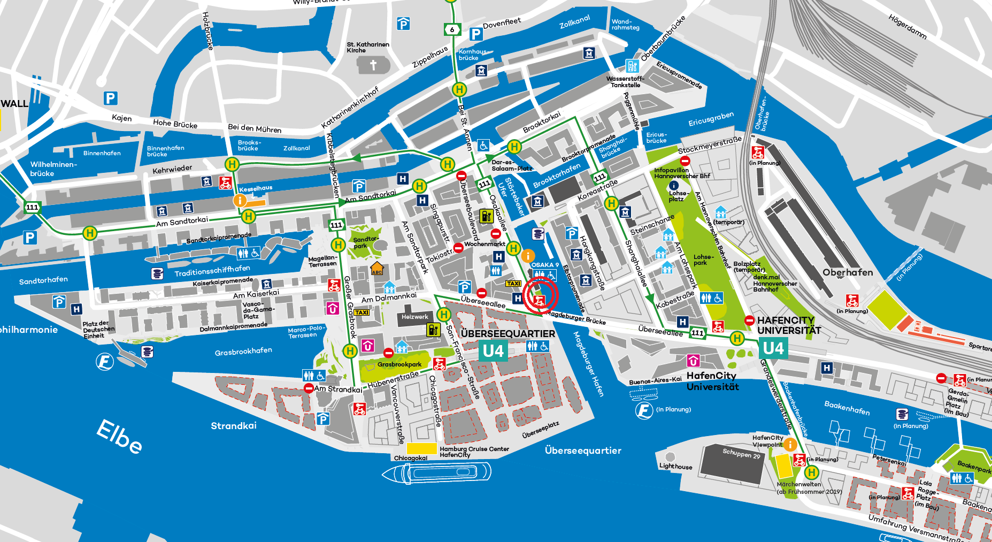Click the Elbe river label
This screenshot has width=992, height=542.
point(119,436)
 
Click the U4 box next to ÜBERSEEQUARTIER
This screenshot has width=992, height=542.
point(493,351)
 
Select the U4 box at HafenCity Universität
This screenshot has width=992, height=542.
point(773,348)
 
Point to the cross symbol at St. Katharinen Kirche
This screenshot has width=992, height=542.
point(373,65)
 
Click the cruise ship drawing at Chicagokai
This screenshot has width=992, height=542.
point(436,473)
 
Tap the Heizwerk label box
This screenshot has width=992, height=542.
point(415,317)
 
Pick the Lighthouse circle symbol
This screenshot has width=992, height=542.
point(670,456)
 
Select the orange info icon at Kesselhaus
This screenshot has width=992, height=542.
point(240,200)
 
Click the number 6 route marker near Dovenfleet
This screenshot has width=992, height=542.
point(452,29)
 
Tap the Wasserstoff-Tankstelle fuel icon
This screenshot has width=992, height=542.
point(633,66)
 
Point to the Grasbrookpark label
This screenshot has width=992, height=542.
point(399,364)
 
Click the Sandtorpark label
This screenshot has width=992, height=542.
point(365,242)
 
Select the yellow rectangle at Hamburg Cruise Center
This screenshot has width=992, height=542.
point(422,448)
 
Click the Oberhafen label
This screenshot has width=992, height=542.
point(848,272)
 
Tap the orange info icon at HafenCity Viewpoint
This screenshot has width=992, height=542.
point(790,444)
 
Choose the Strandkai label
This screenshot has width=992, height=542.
point(234,426)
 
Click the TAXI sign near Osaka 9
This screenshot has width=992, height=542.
point(513,284)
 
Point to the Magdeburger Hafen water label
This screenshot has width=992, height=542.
point(588,364)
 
